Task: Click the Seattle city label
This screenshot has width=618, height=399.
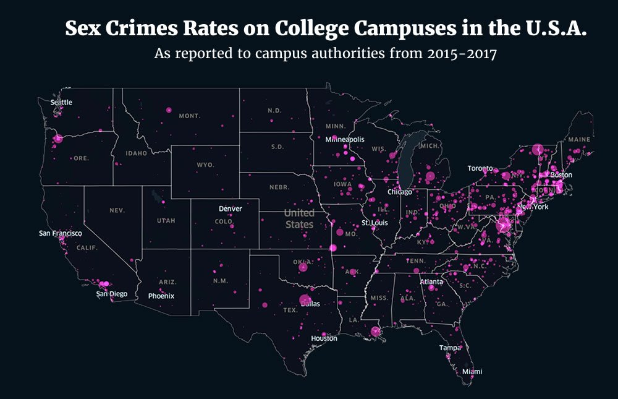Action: [61, 102]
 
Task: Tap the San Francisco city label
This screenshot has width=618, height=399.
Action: [60, 233]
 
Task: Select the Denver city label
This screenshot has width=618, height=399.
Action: [230, 208]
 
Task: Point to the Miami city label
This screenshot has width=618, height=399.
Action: [472, 371]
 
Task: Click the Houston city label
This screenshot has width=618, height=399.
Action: [324, 338]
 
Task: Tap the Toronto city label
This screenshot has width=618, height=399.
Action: [480, 168]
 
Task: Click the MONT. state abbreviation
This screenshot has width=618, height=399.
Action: [190, 116]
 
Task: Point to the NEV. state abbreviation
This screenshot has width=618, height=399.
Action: [117, 210]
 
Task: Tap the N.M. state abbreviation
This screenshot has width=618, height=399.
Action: [220, 281]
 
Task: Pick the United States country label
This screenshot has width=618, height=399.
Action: [299, 218]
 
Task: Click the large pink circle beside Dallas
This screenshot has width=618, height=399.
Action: [305, 301]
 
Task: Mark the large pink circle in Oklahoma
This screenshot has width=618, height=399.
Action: [303, 267]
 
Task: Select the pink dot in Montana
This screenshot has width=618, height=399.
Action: [168, 109]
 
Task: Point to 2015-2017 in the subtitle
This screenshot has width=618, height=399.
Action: [462, 53]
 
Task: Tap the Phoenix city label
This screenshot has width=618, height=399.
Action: [161, 296]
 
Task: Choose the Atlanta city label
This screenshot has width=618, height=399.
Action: [431, 281]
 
